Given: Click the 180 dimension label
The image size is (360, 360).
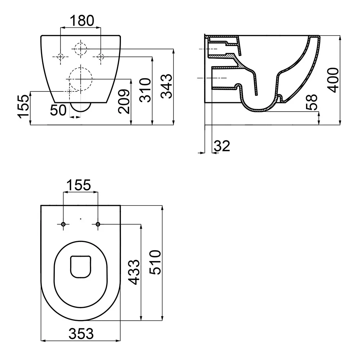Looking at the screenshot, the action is (x=82, y=21).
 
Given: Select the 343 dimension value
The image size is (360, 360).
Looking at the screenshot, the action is (x=166, y=86).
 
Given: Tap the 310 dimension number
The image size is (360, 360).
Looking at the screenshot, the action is (x=145, y=90).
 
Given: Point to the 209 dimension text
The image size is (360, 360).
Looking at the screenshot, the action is (x=124, y=102).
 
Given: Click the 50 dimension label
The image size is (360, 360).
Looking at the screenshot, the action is (x=59, y=110).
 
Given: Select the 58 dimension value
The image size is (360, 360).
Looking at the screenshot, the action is (x=311, y=102).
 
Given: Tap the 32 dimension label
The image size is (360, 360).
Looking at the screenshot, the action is (x=222, y=146).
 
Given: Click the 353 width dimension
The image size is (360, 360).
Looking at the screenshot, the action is (x=81, y=334).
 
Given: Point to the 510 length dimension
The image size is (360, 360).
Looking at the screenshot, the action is (x=155, y=262).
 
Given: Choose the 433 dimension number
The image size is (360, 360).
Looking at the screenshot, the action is (x=134, y=272).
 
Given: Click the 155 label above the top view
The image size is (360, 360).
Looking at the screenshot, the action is (x=79, y=185).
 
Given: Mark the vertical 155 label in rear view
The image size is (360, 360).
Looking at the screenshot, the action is (x=24, y=107).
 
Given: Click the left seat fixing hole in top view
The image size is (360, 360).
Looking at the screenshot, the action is (x=63, y=224).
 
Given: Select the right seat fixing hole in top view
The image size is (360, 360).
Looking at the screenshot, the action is (x=98, y=224).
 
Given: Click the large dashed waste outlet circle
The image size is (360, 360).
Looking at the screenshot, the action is (x=81, y=79).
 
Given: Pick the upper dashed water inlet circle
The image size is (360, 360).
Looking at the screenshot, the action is (x=81, y=49).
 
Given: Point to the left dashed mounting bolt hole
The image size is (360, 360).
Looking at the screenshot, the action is (x=60, y=57).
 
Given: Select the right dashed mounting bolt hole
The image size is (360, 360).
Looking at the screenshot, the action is (x=101, y=57).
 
